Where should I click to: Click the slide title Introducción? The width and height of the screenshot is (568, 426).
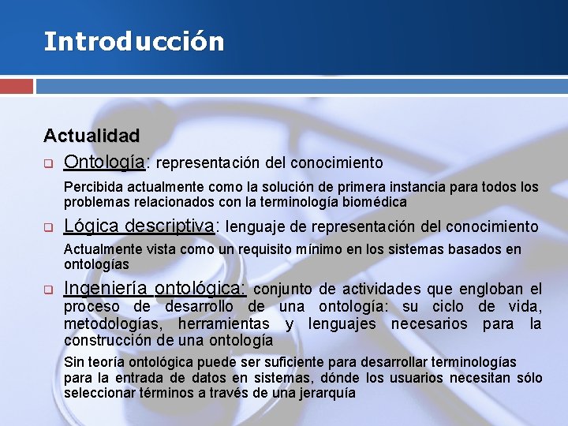pos(133,41)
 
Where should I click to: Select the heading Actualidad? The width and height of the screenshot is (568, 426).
pos(92,136)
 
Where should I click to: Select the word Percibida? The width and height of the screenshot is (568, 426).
pos(94,188)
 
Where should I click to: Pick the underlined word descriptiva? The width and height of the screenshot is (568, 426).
pos(168,226)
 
